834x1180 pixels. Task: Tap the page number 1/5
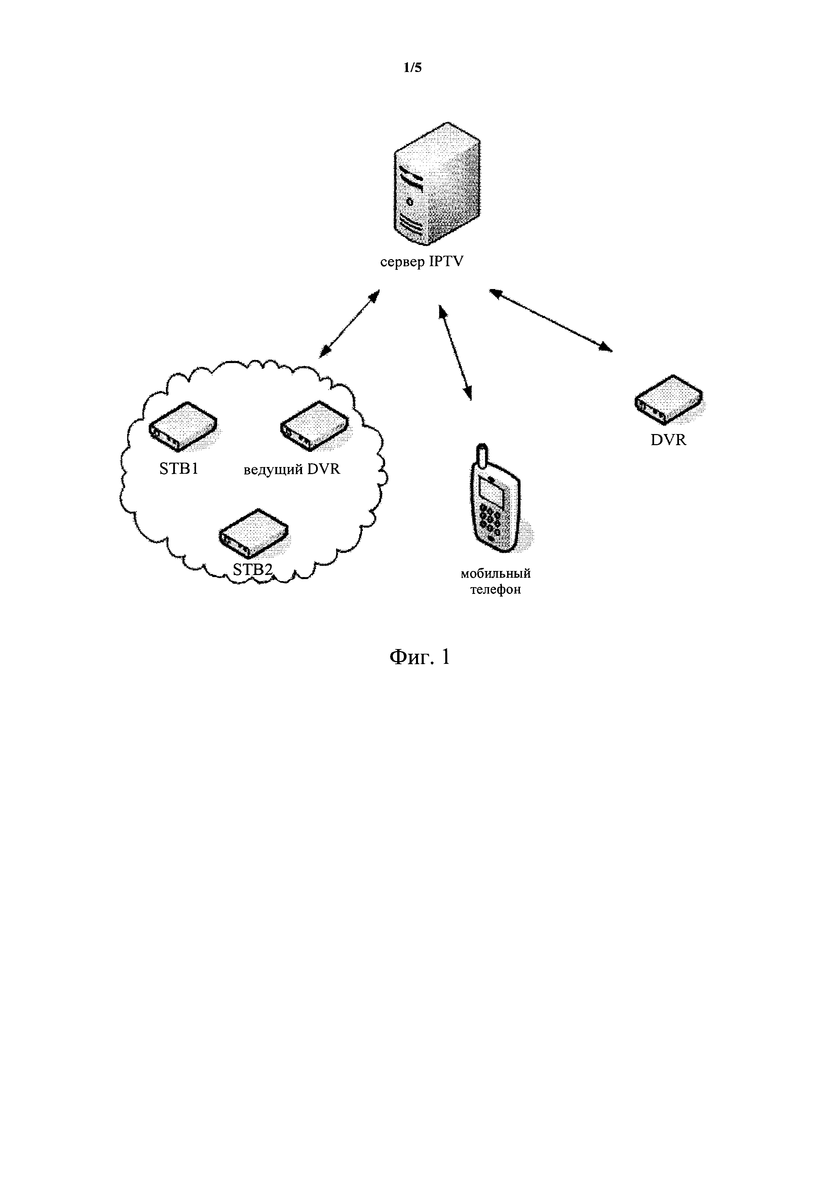tap(412, 68)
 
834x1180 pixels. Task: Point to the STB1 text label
tap(179, 469)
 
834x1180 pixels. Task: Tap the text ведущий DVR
tap(291, 469)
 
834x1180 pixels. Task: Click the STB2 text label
tap(253, 569)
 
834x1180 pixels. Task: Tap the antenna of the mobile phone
tap(482, 455)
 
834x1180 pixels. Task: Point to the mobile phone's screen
tap(490, 491)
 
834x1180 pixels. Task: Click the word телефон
tap(496, 589)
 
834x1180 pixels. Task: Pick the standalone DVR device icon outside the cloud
tap(668, 400)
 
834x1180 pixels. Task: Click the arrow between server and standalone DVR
tap(550, 320)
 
